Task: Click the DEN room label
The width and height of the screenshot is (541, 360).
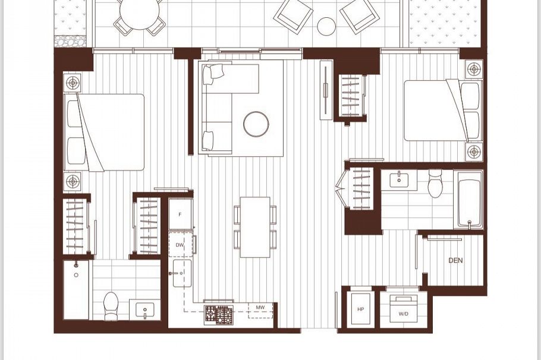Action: [455, 260]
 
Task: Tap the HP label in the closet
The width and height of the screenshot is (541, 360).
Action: [360, 310]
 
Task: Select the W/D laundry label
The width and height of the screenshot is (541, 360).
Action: [403, 314]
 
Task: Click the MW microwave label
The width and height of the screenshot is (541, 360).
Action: [260, 307]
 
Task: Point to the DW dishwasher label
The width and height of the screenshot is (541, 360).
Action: [180, 245]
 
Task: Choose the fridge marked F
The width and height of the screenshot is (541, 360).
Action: [180, 214]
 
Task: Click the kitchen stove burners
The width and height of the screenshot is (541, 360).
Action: [218, 314]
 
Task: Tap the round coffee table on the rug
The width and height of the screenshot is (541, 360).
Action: [256, 124]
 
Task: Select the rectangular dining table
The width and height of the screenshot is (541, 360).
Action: [255, 227]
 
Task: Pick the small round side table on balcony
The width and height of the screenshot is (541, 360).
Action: [326, 26]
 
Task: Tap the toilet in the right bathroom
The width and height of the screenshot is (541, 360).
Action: [435, 184]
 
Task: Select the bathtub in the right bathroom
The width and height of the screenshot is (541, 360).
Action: [469, 200]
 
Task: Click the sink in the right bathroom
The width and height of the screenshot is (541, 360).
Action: [399, 180]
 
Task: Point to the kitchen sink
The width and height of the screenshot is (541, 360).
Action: [182, 273]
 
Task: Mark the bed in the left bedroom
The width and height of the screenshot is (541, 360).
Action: [104, 132]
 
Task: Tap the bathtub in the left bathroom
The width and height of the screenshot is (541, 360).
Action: [76, 290]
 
